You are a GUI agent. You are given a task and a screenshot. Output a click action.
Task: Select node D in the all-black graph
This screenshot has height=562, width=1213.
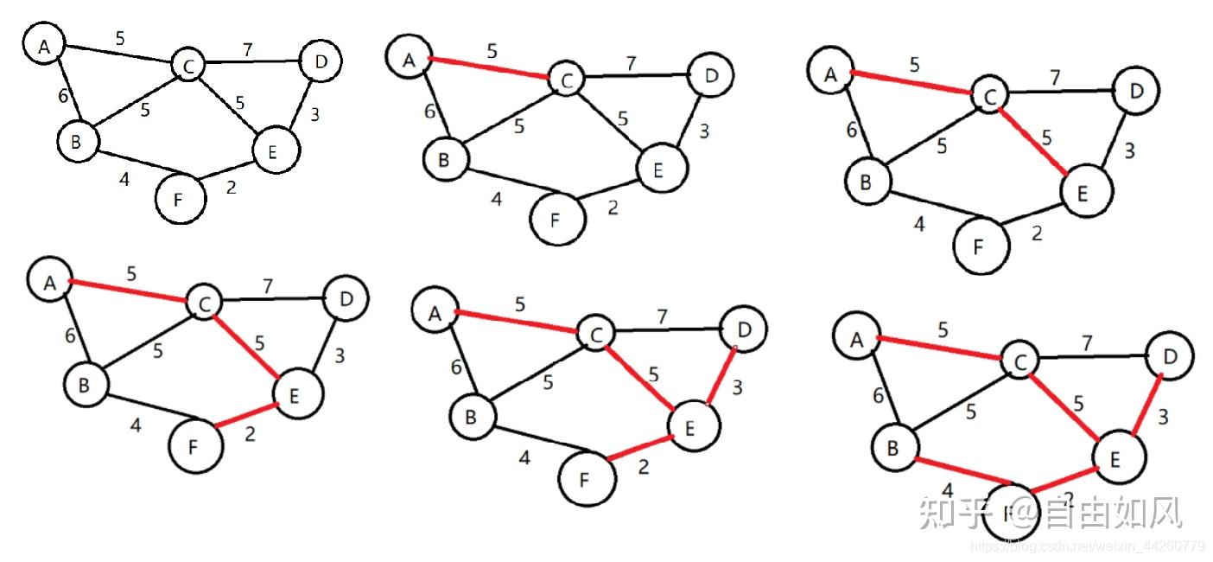(320, 61)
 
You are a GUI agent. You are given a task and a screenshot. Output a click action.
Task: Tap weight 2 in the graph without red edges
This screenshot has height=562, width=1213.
(231, 187)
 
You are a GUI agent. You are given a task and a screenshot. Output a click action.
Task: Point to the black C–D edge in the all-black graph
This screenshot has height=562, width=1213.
(251, 62)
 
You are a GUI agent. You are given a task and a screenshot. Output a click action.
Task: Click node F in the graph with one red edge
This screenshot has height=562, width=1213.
(557, 219)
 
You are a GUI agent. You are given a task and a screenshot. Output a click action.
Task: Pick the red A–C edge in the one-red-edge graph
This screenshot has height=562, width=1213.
(491, 69)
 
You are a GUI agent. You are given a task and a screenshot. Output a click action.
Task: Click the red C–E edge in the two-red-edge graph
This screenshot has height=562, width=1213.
(1032, 143)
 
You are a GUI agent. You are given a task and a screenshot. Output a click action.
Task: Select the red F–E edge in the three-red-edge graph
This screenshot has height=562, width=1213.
(248, 413)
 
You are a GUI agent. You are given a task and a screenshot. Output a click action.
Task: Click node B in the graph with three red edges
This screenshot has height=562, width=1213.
(84, 386)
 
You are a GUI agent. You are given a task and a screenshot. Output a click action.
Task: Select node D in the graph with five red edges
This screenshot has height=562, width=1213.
(1169, 354)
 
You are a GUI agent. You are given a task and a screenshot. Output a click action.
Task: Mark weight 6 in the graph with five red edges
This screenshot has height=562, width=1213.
(879, 396)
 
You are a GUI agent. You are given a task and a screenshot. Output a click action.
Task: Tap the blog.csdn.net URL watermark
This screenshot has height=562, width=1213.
(1088, 546)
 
